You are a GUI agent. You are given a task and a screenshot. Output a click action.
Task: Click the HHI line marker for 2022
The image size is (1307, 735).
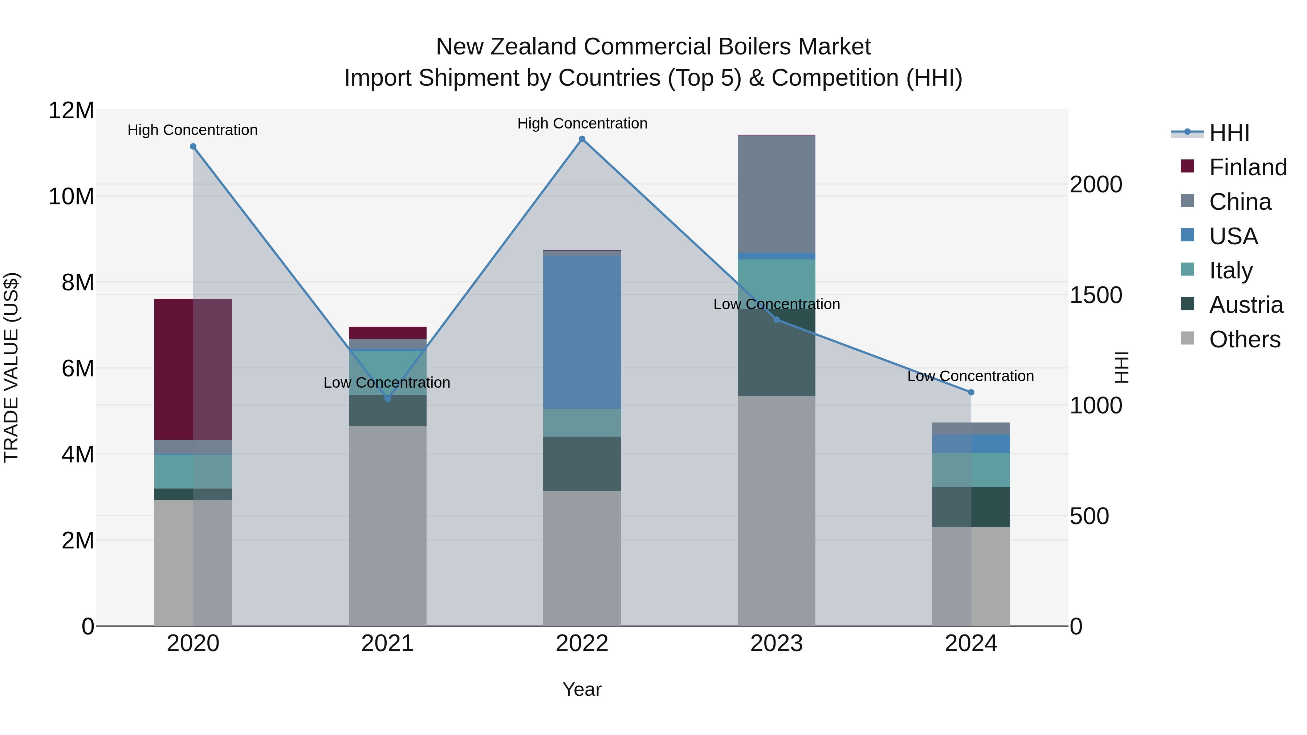pyautogui.click(x=582, y=139)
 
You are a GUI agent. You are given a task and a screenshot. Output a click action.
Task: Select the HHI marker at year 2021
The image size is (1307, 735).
pyautogui.click(x=388, y=399)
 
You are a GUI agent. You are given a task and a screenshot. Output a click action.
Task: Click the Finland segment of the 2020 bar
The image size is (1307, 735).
pyautogui.click(x=193, y=369)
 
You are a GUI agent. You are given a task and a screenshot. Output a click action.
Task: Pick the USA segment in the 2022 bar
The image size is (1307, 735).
pyautogui.click(x=582, y=332)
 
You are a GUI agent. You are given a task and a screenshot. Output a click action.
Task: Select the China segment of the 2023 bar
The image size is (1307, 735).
pyautogui.click(x=776, y=194)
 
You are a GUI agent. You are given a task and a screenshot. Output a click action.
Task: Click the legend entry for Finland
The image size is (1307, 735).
pyautogui.click(x=1247, y=167)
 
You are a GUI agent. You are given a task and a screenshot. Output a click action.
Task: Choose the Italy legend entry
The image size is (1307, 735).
pyautogui.click(x=1230, y=270)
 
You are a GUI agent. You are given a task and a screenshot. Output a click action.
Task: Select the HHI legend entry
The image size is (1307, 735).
pyautogui.click(x=1229, y=133)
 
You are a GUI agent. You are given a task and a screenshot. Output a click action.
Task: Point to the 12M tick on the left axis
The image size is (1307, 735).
pyautogui.click(x=71, y=111)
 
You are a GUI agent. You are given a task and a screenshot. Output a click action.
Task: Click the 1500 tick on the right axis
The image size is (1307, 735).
pyautogui.click(x=1096, y=295)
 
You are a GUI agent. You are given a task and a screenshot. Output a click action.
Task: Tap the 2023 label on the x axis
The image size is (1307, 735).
pyautogui.click(x=776, y=644)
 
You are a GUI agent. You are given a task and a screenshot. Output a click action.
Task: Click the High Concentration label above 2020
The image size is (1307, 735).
pyautogui.click(x=192, y=130)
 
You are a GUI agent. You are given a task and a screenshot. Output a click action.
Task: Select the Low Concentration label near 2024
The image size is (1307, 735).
pyautogui.click(x=970, y=376)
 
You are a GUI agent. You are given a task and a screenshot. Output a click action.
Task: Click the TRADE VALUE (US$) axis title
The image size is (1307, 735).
pyautogui.click(x=11, y=367)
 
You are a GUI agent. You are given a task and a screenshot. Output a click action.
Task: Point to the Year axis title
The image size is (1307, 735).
pyautogui.click(x=582, y=689)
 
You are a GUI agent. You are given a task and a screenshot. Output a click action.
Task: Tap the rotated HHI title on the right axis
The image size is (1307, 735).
pyautogui.click(x=1121, y=367)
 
